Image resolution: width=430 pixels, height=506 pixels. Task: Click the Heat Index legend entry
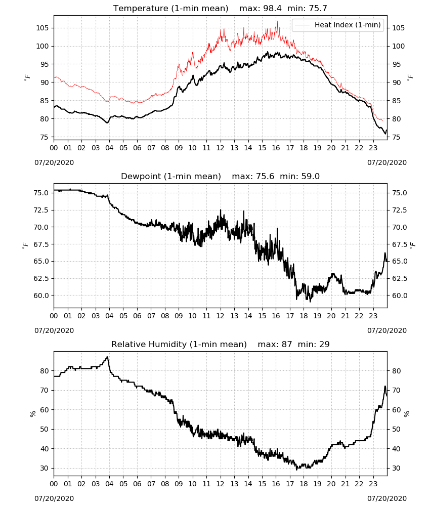(x=338, y=25)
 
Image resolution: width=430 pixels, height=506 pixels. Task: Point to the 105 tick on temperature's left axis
(x=42, y=28)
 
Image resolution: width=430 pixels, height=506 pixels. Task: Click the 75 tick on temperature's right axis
(x=396, y=137)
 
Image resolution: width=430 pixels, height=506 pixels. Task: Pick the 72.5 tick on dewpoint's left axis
(x=41, y=210)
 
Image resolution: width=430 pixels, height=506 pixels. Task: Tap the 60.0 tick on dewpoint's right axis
(x=400, y=296)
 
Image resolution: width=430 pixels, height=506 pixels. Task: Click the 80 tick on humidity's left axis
(x=45, y=371)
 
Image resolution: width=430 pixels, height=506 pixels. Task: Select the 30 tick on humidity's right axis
(x=396, y=468)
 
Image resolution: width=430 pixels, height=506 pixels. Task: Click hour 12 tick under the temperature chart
(x=221, y=148)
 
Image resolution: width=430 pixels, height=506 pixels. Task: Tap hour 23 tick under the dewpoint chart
(x=373, y=316)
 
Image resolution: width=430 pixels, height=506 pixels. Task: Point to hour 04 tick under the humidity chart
(x=109, y=484)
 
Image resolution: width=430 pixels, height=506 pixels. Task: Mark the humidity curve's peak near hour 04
(x=107, y=357)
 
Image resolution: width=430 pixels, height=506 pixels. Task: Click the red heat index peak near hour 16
(x=277, y=21)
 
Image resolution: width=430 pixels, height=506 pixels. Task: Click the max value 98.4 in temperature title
(x=273, y=8)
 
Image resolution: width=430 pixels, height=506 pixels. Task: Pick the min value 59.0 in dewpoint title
(x=310, y=176)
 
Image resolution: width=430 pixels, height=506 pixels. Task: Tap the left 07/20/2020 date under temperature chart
(x=54, y=162)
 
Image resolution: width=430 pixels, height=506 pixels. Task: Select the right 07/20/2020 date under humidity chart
(x=387, y=498)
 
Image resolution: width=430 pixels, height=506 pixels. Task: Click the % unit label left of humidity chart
(x=32, y=414)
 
